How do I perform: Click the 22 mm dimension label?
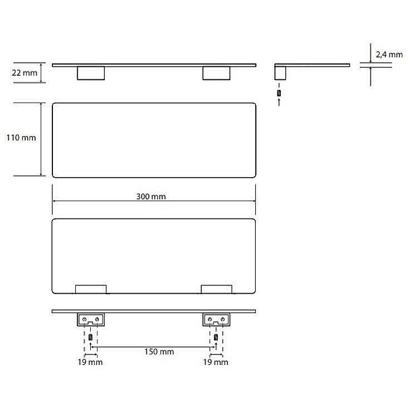coord(25,73)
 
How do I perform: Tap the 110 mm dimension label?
coord(21,138)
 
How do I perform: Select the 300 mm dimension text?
coord(151,196)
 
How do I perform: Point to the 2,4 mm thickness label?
coord(389,55)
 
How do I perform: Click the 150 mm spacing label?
coord(159,352)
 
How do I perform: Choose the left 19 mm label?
coord(90,362)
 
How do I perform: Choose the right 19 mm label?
coord(216,362)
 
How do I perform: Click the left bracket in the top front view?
coord(91,73)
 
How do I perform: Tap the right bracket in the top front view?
coord(217,73)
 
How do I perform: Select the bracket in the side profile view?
coord(280,73)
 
